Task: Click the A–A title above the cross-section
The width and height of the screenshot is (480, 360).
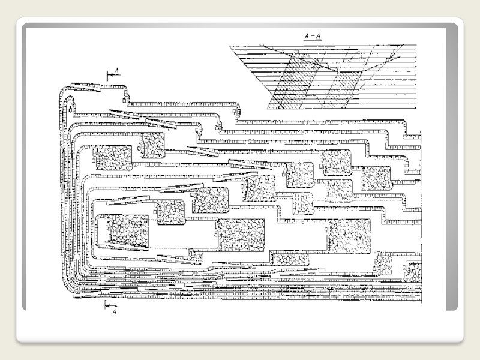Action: (311, 36)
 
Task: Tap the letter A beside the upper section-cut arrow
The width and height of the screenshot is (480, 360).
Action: (117, 70)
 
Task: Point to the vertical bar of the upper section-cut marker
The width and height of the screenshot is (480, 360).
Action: (107, 74)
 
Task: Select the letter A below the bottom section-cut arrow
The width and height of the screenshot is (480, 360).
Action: (114, 311)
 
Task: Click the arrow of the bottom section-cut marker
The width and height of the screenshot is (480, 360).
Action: (109, 304)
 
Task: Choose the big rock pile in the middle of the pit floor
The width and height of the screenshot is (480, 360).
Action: (241, 235)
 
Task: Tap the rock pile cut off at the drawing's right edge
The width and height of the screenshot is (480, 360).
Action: (412, 273)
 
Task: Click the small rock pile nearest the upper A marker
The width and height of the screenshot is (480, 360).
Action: (152, 145)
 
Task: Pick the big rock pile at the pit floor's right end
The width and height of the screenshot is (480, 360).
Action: (347, 235)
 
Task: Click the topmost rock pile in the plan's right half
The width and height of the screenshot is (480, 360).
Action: (337, 163)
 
